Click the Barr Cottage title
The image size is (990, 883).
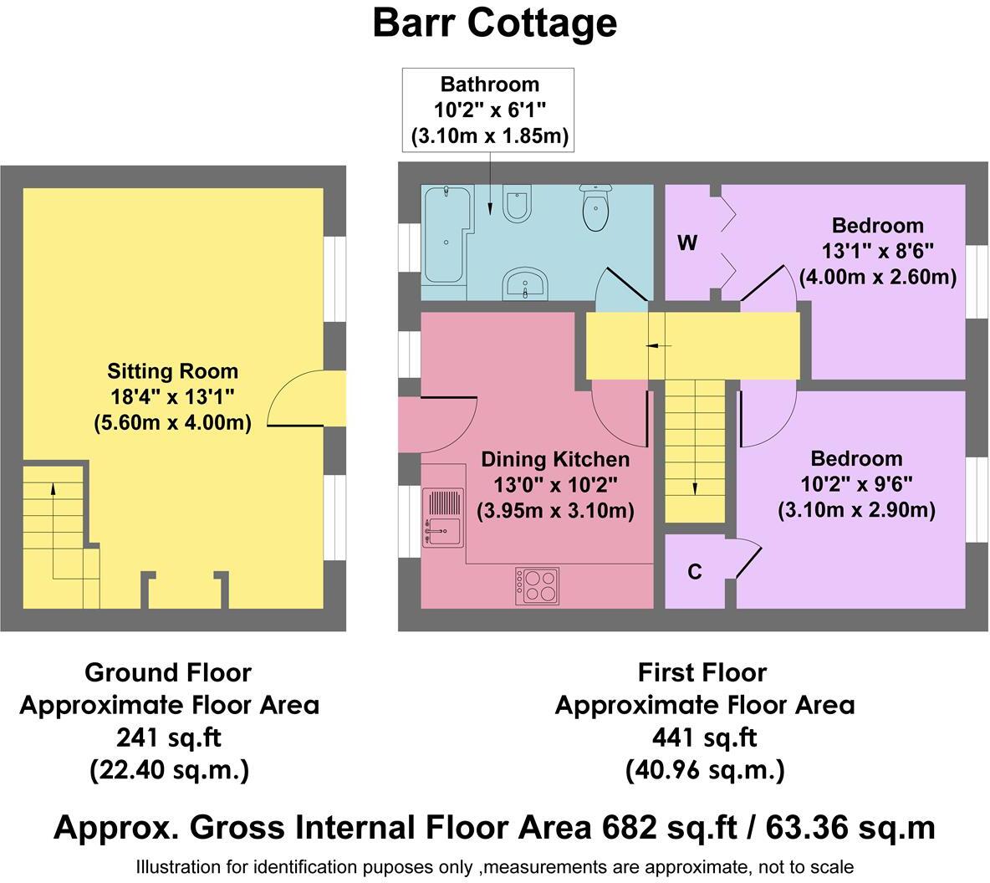point(494,23)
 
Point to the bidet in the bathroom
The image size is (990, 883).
point(517,202)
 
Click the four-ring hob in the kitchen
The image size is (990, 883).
point(537,585)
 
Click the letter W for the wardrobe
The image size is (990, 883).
point(686,243)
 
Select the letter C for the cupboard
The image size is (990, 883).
point(694,572)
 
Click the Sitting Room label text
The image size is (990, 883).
point(172,371)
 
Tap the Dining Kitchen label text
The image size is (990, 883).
point(555,459)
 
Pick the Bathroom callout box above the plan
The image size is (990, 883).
point(489,110)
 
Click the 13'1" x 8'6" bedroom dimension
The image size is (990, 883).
point(877,251)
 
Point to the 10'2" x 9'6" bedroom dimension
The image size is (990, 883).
point(856,484)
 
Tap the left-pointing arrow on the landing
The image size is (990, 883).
point(659,345)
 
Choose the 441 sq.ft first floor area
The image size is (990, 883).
point(704,737)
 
